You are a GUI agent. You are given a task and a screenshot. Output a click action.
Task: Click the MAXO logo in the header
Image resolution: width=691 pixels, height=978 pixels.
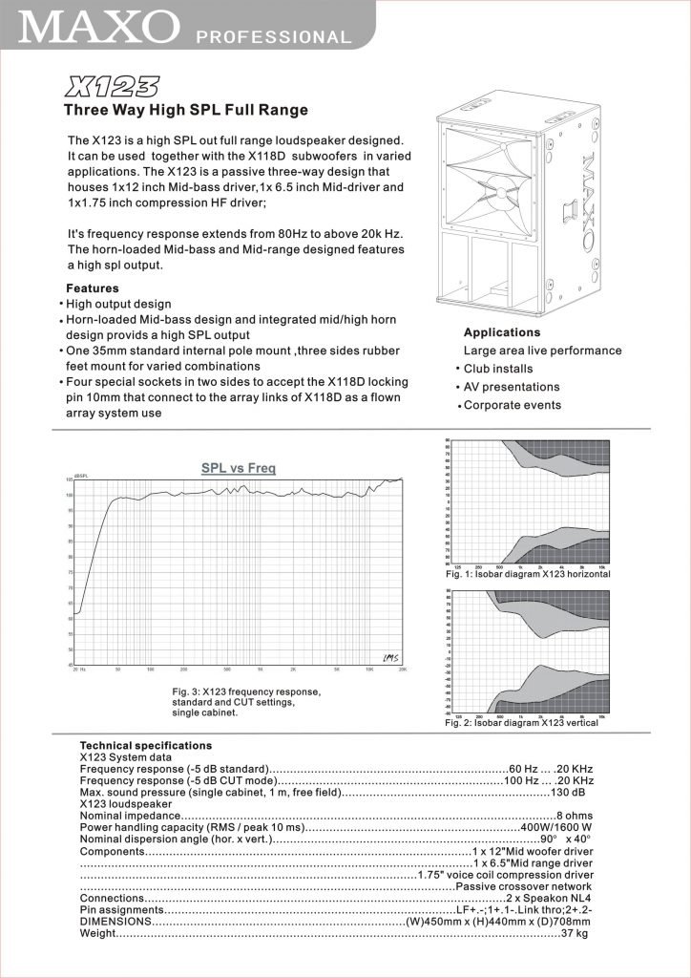(x=95, y=26)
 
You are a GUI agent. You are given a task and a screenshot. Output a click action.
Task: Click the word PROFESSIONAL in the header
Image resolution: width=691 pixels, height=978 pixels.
(x=274, y=38)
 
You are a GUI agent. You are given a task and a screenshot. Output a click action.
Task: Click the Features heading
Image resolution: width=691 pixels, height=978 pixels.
(x=92, y=288)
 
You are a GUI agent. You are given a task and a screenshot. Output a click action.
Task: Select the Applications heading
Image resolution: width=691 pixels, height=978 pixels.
(x=501, y=332)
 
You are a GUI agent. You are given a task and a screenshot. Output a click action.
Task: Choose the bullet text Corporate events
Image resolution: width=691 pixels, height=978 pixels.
(x=516, y=405)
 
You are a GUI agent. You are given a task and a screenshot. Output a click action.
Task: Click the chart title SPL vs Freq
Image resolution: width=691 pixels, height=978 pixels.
(x=238, y=468)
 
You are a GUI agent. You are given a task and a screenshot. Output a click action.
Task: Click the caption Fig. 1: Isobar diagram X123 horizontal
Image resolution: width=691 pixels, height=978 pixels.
(x=527, y=575)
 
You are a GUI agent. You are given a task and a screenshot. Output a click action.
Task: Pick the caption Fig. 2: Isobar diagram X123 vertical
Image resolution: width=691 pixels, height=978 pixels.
(x=521, y=723)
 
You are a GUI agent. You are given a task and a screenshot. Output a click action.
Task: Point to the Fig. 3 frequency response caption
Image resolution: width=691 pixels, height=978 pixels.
(x=247, y=702)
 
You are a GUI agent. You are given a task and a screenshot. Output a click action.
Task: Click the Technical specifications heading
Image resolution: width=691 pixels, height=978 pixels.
(x=145, y=745)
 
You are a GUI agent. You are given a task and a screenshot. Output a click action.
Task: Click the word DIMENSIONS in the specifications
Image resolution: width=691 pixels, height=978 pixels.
(x=115, y=922)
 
